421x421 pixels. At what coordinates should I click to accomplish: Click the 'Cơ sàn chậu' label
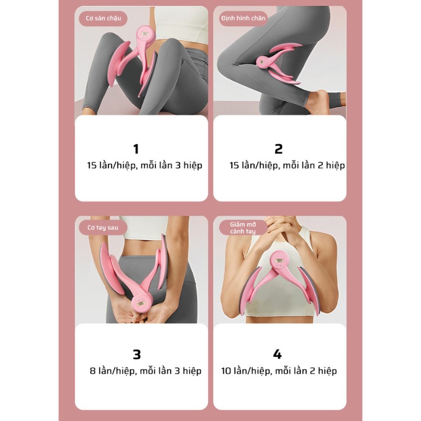tap(103, 19)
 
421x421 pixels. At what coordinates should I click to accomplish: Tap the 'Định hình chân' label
tap(243, 19)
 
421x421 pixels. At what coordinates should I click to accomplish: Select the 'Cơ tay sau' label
tap(103, 227)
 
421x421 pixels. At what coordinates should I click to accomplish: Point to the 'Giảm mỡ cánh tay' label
tap(243, 228)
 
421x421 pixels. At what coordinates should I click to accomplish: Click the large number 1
tap(136, 149)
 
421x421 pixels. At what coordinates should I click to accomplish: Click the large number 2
tap(278, 149)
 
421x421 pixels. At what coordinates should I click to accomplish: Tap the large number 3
tap(136, 354)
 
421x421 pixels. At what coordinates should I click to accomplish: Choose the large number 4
tap(277, 354)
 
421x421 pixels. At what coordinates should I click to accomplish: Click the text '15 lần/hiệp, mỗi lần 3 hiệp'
tap(144, 166)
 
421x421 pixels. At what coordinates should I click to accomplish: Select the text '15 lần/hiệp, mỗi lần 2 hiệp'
tap(287, 166)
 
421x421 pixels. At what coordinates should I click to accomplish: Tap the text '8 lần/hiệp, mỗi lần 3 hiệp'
tap(145, 371)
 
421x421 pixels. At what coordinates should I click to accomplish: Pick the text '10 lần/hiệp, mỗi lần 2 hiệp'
tap(279, 371)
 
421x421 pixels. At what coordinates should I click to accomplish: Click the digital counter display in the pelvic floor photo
tap(145, 34)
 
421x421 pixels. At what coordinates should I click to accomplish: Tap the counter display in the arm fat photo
tap(279, 260)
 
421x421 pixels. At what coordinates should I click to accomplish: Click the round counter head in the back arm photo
tap(143, 304)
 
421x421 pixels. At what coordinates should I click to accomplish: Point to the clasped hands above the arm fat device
tap(279, 229)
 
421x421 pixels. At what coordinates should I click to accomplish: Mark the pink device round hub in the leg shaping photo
tap(262, 62)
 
